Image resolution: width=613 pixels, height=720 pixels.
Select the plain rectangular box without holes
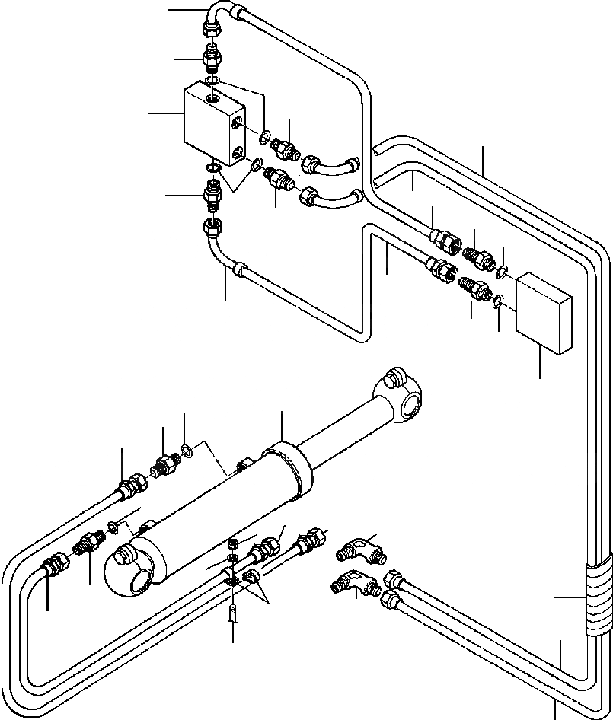click(544, 314)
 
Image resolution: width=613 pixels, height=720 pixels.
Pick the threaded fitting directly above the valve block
click(211, 58)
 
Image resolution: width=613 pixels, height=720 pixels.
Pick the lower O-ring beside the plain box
click(496, 302)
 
